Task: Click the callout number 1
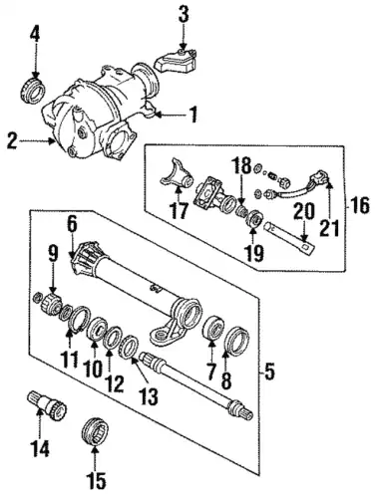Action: [x=192, y=116]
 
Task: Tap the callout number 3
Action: [x=183, y=14]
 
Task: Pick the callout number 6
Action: [x=72, y=228]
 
